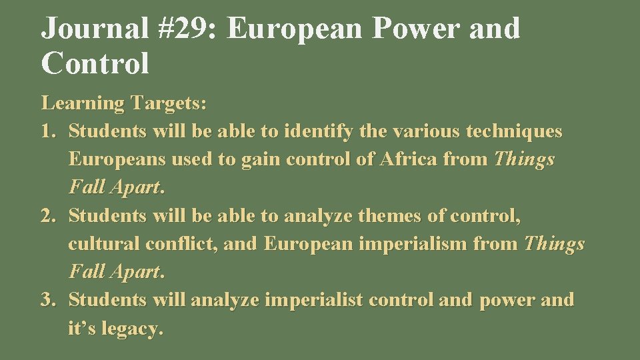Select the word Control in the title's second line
click(95, 63)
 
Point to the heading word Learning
click(83, 103)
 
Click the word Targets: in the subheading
click(169, 103)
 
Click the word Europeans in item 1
click(117, 159)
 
